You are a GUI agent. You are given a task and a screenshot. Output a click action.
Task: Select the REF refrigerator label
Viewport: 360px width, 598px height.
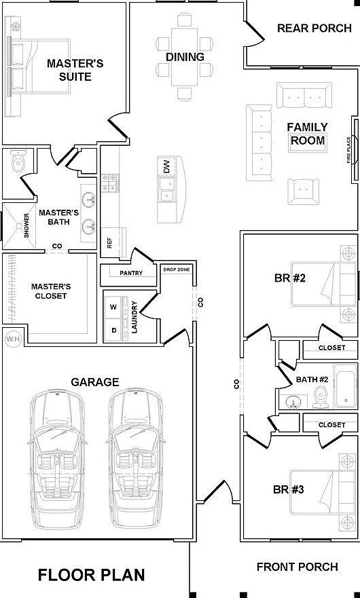tap(109, 243)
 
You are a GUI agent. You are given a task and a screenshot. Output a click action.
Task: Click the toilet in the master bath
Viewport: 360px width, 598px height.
tap(18, 161)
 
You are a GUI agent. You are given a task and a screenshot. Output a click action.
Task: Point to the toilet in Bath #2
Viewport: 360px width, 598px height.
tap(321, 396)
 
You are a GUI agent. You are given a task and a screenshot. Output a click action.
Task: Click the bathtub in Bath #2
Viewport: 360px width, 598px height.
tap(346, 386)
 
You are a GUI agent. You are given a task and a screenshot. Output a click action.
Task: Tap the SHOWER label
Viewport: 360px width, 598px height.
tap(26, 225)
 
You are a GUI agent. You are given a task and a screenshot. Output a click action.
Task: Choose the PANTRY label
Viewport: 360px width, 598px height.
tap(131, 273)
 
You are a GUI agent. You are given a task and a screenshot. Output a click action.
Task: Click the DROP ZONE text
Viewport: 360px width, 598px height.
tap(177, 269)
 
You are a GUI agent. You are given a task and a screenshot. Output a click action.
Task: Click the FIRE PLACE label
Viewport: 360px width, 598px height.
tap(348, 150)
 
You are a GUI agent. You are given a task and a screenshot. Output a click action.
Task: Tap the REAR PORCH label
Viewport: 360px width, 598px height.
tap(314, 29)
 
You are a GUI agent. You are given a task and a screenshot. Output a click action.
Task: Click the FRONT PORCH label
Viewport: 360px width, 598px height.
tap(298, 567)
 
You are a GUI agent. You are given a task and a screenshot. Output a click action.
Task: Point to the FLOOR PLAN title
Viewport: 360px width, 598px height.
tap(91, 575)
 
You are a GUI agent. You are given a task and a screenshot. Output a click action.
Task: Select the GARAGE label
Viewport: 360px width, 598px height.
tap(95, 381)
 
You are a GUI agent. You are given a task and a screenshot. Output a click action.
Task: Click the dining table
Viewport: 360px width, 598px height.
tap(184, 57)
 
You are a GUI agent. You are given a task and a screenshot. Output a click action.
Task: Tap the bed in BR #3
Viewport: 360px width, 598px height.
tap(323, 492)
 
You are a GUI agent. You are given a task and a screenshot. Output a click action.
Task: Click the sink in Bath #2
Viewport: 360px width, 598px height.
tap(293, 402)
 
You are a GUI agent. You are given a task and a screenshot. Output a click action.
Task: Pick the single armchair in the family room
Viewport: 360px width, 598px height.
tap(303, 191)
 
